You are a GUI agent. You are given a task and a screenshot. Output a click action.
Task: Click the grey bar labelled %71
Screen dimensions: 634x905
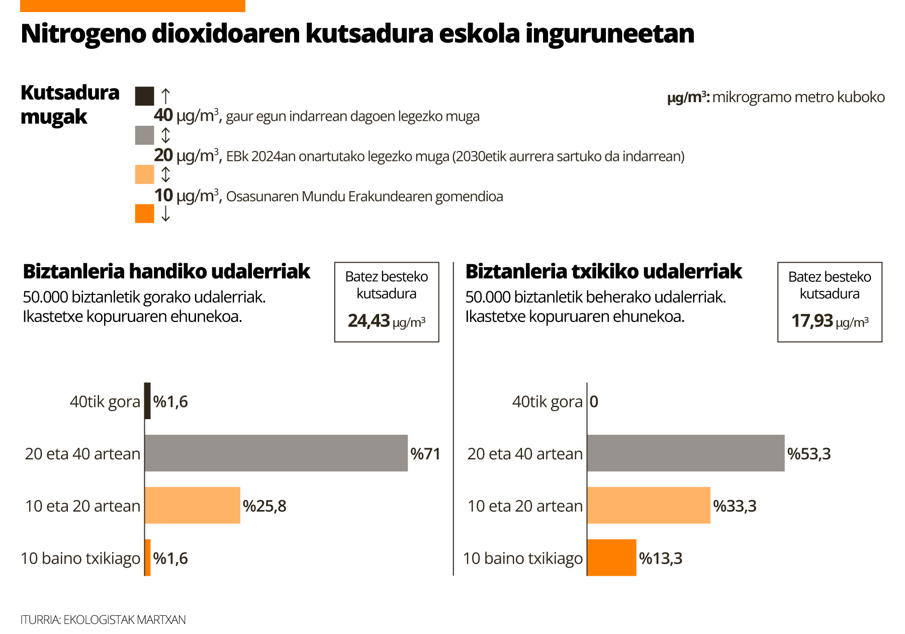click(x=276, y=453)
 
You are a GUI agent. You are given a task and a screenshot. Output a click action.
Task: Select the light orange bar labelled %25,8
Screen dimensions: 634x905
click(x=192, y=505)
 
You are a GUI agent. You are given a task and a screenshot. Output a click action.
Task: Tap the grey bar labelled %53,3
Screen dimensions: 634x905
click(x=685, y=453)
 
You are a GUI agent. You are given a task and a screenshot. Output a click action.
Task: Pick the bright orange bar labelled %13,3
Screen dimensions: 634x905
click(x=611, y=558)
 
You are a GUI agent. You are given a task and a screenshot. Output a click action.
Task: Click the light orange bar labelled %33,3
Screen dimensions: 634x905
click(x=649, y=505)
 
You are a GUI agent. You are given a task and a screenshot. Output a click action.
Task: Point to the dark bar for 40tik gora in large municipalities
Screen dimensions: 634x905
click(x=147, y=401)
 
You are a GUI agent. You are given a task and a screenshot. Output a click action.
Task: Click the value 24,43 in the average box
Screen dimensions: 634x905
click(x=369, y=321)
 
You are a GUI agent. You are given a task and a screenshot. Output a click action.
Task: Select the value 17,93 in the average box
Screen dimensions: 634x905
click(x=812, y=321)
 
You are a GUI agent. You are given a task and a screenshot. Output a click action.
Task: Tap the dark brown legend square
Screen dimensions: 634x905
click(x=144, y=96)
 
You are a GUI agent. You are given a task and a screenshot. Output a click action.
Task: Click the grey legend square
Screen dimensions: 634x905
click(x=144, y=135)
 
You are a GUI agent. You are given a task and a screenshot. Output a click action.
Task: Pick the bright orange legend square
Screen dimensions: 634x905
click(x=144, y=213)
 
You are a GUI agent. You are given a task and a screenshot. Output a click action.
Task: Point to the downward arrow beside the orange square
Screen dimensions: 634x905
click(x=165, y=214)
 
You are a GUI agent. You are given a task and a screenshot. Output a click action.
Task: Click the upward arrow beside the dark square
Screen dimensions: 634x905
click(x=165, y=96)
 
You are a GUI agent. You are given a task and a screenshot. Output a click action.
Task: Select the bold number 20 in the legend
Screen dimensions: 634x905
click(x=163, y=155)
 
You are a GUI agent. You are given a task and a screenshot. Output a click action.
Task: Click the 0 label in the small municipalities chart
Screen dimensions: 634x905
click(x=594, y=402)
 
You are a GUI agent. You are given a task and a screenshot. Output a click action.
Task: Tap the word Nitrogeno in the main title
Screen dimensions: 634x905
click(x=83, y=34)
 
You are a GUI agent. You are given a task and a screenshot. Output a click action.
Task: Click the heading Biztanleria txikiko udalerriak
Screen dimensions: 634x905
click(x=603, y=271)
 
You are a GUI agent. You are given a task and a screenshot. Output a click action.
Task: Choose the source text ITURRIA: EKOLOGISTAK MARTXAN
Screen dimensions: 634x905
click(x=103, y=619)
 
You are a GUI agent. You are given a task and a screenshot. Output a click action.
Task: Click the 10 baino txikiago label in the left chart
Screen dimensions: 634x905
click(x=80, y=558)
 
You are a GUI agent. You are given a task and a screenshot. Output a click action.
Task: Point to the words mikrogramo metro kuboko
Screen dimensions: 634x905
click(x=798, y=97)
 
